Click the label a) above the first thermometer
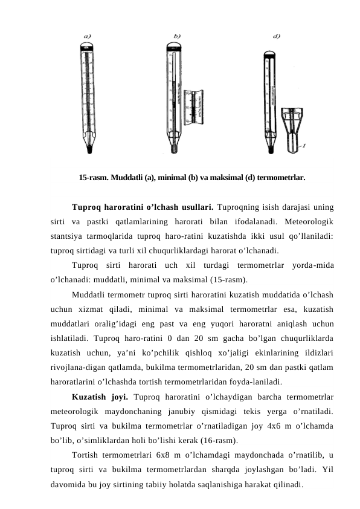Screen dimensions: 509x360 click(87, 36)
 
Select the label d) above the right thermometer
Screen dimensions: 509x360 click(276, 36)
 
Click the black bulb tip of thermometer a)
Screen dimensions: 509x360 click(89, 147)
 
